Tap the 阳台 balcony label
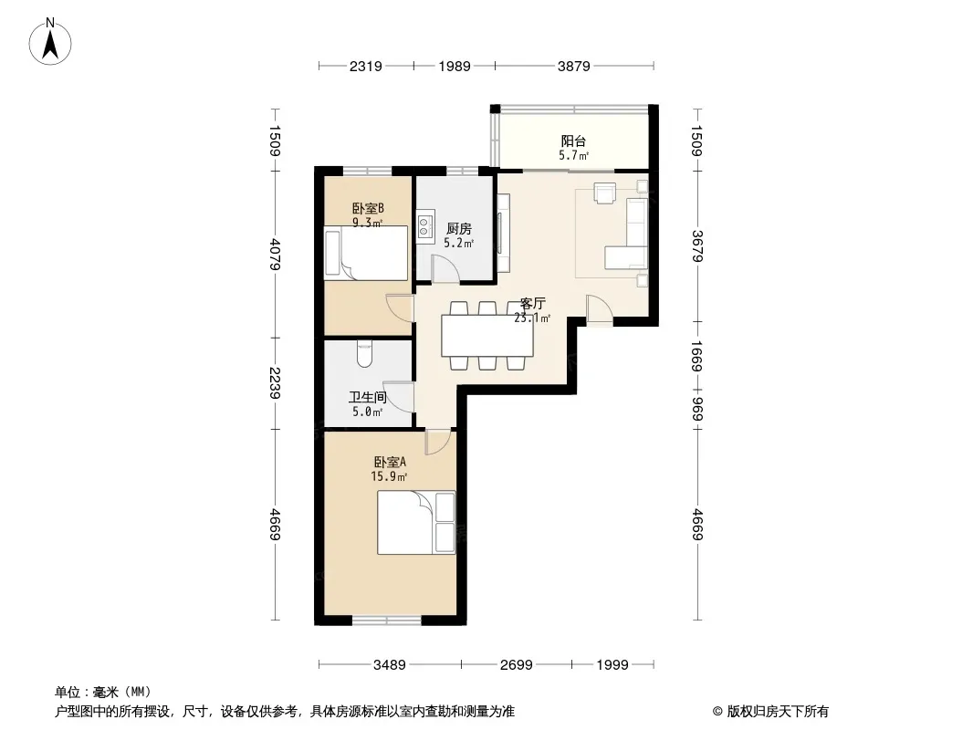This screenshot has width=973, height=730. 573,141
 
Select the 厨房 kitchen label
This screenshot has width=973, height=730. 458,229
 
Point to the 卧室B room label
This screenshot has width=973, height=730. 368,208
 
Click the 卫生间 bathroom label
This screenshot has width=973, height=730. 367,397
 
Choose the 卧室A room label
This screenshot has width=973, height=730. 390,462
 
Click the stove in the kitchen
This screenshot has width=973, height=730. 424,226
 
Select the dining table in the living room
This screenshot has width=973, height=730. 487,336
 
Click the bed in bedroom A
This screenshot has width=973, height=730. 416,522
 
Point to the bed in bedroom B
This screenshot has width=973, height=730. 366,253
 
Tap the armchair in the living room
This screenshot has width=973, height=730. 605,193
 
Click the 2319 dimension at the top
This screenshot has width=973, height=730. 365,66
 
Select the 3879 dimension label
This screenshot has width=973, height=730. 573,66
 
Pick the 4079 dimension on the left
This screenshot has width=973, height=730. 275,254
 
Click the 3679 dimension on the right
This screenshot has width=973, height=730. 697,245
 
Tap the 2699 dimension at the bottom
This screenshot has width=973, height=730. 517,665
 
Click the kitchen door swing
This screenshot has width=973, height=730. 445,268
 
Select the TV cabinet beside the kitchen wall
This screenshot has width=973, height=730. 503,233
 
